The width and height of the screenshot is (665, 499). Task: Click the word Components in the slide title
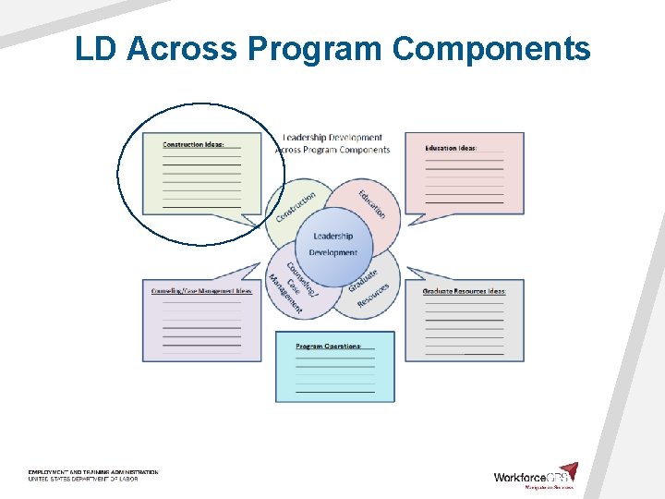coord(491,48)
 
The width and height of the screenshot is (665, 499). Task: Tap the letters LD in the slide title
coord(97,48)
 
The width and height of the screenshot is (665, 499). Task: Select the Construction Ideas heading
coord(194,144)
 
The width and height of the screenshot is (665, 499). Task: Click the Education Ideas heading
coord(451,148)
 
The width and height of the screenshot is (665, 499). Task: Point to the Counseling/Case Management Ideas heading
coord(201,291)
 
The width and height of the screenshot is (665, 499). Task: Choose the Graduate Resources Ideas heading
coord(464,291)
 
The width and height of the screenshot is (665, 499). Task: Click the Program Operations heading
coord(328,347)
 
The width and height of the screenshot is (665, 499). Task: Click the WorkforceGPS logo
coord(535,476)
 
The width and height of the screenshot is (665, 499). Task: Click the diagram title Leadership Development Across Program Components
coord(332,143)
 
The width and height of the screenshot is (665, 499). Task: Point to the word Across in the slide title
coord(182,48)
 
